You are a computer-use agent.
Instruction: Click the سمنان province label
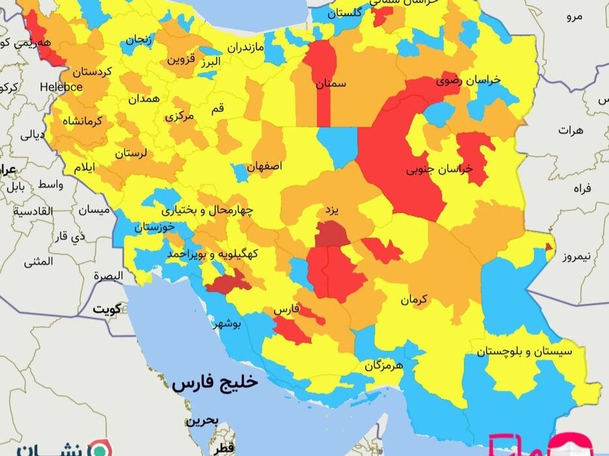(x=331, y=84)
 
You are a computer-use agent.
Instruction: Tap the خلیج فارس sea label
(x=215, y=382)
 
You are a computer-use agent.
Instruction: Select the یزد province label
(x=333, y=212)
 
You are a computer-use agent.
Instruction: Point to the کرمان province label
(x=413, y=300)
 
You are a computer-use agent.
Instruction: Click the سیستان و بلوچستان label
(x=524, y=351)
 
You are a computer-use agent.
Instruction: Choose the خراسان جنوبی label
(x=439, y=169)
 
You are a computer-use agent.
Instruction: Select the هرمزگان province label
(x=385, y=366)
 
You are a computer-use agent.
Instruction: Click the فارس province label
(x=287, y=310)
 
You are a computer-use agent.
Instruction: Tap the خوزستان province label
(x=155, y=227)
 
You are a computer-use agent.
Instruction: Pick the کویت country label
(x=108, y=309)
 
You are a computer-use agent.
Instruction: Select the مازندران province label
(x=246, y=48)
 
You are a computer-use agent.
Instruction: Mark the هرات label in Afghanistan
(x=571, y=130)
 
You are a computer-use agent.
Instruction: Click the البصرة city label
(x=108, y=276)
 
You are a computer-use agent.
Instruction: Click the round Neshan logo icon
(x=99, y=449)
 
